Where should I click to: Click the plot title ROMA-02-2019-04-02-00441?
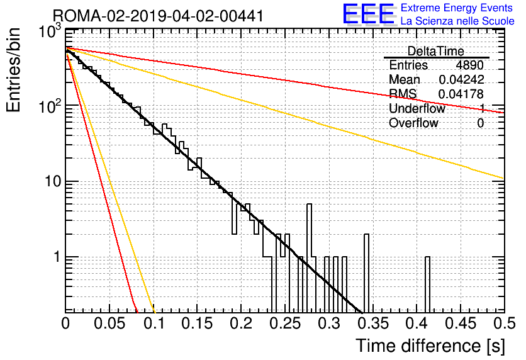click(158, 16)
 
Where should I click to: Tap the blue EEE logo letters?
click(369, 14)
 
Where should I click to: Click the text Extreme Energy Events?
click(457, 8)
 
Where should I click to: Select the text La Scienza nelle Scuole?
click(457, 21)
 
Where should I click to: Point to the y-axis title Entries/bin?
click(13, 70)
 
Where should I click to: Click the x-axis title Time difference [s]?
click(430, 346)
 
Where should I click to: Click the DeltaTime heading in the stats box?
click(435, 51)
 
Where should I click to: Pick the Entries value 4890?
click(469, 65)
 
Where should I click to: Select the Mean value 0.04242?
click(461, 79)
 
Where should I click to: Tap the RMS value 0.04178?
click(461, 94)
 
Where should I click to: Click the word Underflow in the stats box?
click(417, 108)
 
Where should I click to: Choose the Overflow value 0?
click(480, 123)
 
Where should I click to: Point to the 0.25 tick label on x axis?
click(285, 323)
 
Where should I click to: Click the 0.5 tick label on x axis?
click(504, 323)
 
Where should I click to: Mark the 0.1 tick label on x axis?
click(154, 323)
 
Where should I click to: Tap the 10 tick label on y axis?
click(52, 181)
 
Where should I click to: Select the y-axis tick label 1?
click(57, 257)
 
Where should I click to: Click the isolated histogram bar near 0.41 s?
click(427, 284)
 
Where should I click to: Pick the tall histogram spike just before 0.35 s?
click(366, 273)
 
